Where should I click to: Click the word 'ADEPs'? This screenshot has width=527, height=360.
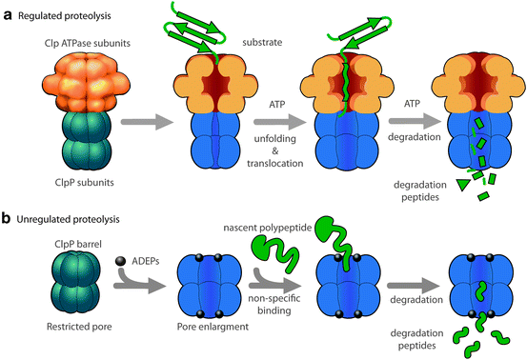[146, 259]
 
